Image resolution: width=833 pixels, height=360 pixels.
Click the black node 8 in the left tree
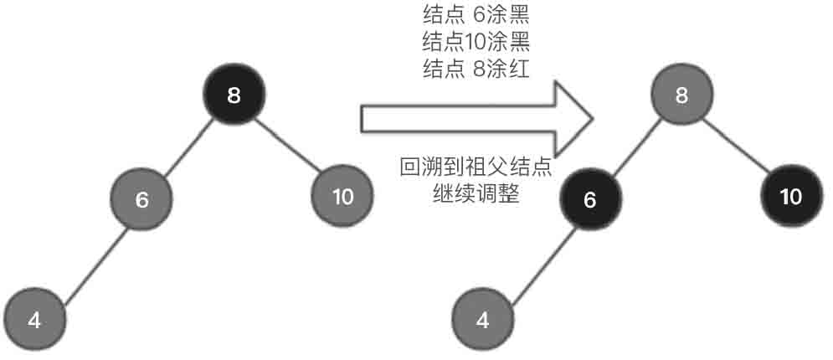234,95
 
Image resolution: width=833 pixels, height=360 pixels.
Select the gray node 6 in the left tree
141,200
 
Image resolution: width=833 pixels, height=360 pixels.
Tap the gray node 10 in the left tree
342,198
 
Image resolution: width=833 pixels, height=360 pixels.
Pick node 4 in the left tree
34,319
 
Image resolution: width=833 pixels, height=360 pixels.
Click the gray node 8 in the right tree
681,95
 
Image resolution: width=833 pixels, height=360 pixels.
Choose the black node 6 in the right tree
590,200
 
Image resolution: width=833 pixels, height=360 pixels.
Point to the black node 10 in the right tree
790,198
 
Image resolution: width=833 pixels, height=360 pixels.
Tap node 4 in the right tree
483,319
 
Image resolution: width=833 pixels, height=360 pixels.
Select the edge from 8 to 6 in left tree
188,147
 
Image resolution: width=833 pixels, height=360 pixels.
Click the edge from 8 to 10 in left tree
289,147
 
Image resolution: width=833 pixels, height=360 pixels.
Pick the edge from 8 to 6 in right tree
636,147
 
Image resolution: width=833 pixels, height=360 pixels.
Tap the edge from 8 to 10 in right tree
737,147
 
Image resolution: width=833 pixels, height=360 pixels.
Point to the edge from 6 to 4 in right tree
537,260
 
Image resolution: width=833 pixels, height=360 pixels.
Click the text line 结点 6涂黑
476,14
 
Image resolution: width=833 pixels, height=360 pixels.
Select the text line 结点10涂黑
476,41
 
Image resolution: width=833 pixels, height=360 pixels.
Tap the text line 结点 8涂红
476,69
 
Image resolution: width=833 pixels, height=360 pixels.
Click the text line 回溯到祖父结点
476,167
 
